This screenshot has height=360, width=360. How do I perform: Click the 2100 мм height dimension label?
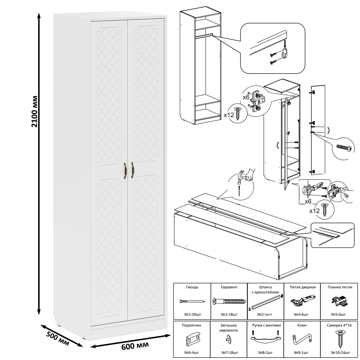[x=35, y=112]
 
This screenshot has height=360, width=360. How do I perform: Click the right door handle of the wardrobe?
[x=132, y=170]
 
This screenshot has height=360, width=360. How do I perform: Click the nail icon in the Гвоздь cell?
[x=192, y=301]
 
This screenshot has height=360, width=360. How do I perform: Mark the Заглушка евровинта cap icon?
[x=229, y=338]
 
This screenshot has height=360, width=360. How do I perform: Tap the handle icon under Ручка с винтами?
[x=265, y=339]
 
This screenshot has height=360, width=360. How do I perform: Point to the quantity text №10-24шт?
[x=339, y=352]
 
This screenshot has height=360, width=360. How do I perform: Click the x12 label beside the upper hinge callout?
[x=229, y=115]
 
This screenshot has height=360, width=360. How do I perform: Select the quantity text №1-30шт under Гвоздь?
[x=192, y=314]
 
